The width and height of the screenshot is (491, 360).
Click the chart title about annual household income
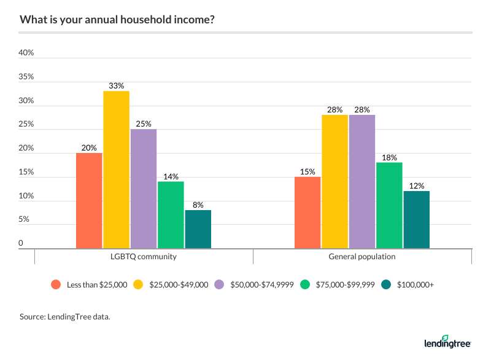pos(117,19)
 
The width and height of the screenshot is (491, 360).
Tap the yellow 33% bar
pos(116,170)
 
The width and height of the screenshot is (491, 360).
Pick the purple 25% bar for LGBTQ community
pos(144,189)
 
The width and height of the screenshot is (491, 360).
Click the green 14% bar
pos(171,215)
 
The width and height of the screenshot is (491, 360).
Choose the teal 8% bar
pos(198,229)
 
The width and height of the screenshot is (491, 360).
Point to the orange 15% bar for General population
pos(307,213)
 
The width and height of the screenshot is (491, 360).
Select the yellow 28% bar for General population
pos(334,181)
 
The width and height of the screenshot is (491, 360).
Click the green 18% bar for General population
pos(389,205)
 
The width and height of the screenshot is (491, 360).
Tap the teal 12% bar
pos(416,220)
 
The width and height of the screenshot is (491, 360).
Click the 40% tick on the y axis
pos(26,53)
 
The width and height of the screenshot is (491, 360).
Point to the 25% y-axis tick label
pos(26,125)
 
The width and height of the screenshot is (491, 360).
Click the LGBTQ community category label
pos(144,257)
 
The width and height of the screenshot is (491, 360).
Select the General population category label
pos(362,257)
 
